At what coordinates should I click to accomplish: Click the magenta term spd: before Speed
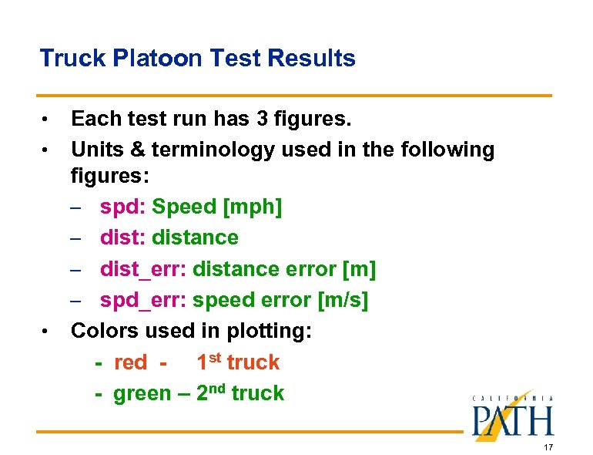pos(122,207)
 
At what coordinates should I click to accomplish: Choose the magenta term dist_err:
pos(143,269)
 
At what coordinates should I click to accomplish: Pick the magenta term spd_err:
pos(143,300)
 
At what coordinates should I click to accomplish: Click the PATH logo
pos(512,416)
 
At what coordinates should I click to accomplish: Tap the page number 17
pos(548,448)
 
